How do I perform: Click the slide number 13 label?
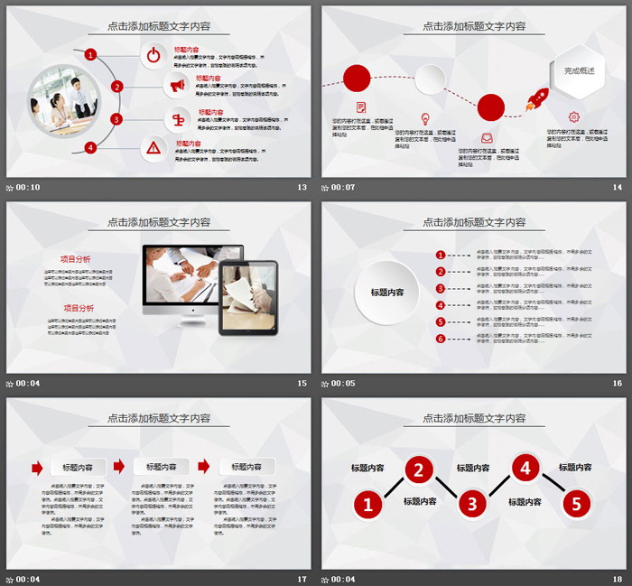point(302,188)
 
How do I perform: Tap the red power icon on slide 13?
point(154,55)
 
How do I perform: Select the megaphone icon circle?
point(176,86)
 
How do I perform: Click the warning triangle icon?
point(154,147)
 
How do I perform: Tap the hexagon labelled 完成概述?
point(579,70)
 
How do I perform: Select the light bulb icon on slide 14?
point(424,117)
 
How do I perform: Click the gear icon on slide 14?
point(573,116)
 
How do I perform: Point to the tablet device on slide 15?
point(248,297)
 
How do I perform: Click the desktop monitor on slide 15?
point(191,277)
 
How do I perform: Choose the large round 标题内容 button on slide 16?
point(387,292)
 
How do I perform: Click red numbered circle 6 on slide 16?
point(441,339)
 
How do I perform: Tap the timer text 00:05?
point(343,383)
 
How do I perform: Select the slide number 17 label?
point(302,579)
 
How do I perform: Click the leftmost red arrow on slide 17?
point(37,467)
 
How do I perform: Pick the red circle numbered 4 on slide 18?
point(525,468)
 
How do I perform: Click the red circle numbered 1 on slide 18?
point(367,504)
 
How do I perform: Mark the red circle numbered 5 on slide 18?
point(577,504)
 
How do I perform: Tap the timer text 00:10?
point(28,188)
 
